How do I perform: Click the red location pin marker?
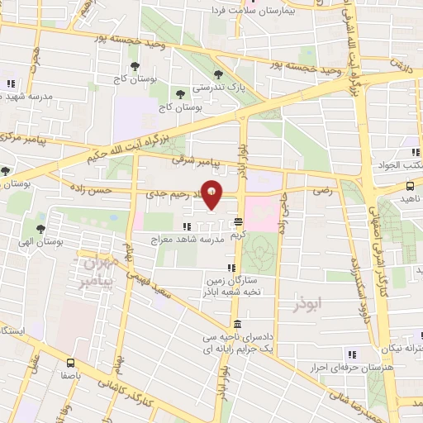pyautogui.click(x=212, y=195)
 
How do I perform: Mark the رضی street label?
pyautogui.click(x=321, y=191)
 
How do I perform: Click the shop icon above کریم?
pyautogui.click(x=238, y=221)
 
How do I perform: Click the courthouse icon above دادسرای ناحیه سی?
pyautogui.click(x=238, y=324)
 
